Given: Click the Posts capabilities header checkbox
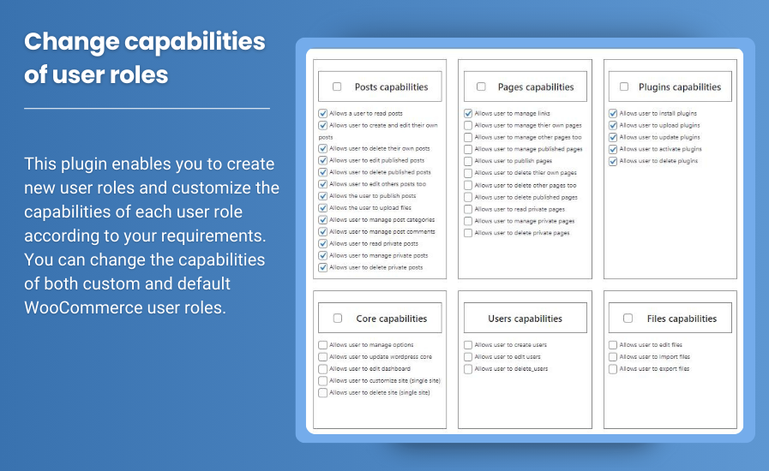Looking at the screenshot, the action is [x=337, y=86].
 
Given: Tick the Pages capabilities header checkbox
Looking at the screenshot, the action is [x=481, y=86].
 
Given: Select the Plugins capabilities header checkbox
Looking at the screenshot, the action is [x=624, y=86].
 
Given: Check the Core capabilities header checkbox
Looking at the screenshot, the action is [x=338, y=318].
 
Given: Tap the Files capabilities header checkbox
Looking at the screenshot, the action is [x=628, y=318].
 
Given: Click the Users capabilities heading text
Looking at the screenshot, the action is [x=525, y=319].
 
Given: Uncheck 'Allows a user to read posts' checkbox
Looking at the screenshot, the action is [x=322, y=113].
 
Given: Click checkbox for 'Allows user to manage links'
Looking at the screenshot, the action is [x=468, y=113].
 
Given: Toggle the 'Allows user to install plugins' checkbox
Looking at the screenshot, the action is [x=613, y=113].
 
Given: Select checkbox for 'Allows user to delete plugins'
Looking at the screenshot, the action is [x=613, y=161].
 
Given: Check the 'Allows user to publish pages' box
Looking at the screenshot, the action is [x=468, y=161].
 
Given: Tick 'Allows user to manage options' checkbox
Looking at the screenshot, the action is [x=322, y=345].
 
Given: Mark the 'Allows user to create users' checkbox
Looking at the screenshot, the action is [x=468, y=345].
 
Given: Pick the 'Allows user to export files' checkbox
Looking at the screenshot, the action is [x=613, y=369].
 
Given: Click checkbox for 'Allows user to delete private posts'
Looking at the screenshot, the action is [x=322, y=267].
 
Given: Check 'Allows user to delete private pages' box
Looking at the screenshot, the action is [x=468, y=233].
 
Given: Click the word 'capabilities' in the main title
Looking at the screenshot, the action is [x=195, y=42].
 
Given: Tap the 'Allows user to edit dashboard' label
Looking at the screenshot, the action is [x=369, y=368].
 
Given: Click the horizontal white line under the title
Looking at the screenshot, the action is [x=147, y=108].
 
